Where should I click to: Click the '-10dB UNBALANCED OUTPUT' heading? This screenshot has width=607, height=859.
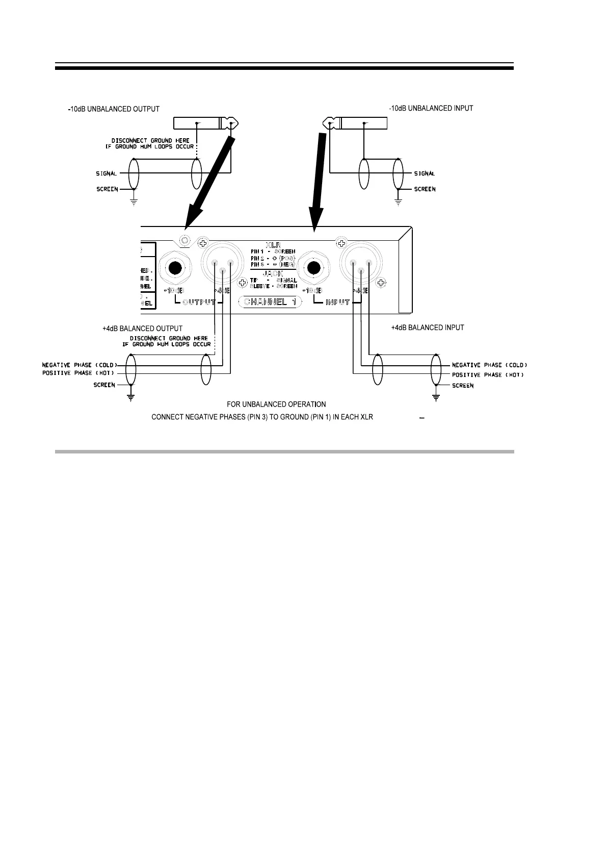(x=114, y=109)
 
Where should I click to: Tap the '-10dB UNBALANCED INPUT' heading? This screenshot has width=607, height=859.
(x=431, y=108)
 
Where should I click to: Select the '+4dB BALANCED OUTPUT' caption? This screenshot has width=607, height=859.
(x=142, y=329)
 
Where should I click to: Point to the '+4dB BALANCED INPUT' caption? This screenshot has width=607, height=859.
(x=427, y=327)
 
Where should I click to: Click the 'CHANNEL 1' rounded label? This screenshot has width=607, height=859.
(x=270, y=302)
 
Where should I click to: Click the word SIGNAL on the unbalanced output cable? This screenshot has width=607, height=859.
(x=107, y=173)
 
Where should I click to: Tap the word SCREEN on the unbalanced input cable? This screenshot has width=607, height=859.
(x=425, y=189)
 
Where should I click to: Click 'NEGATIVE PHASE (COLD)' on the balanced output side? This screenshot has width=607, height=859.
(x=80, y=365)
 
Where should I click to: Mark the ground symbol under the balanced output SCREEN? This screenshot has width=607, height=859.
(x=131, y=398)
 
